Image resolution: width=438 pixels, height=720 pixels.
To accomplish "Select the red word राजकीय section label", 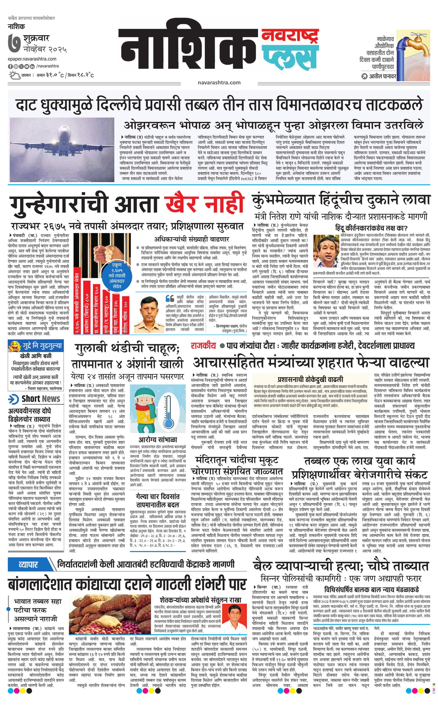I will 203,346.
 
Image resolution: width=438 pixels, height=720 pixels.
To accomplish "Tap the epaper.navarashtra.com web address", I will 32,59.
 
